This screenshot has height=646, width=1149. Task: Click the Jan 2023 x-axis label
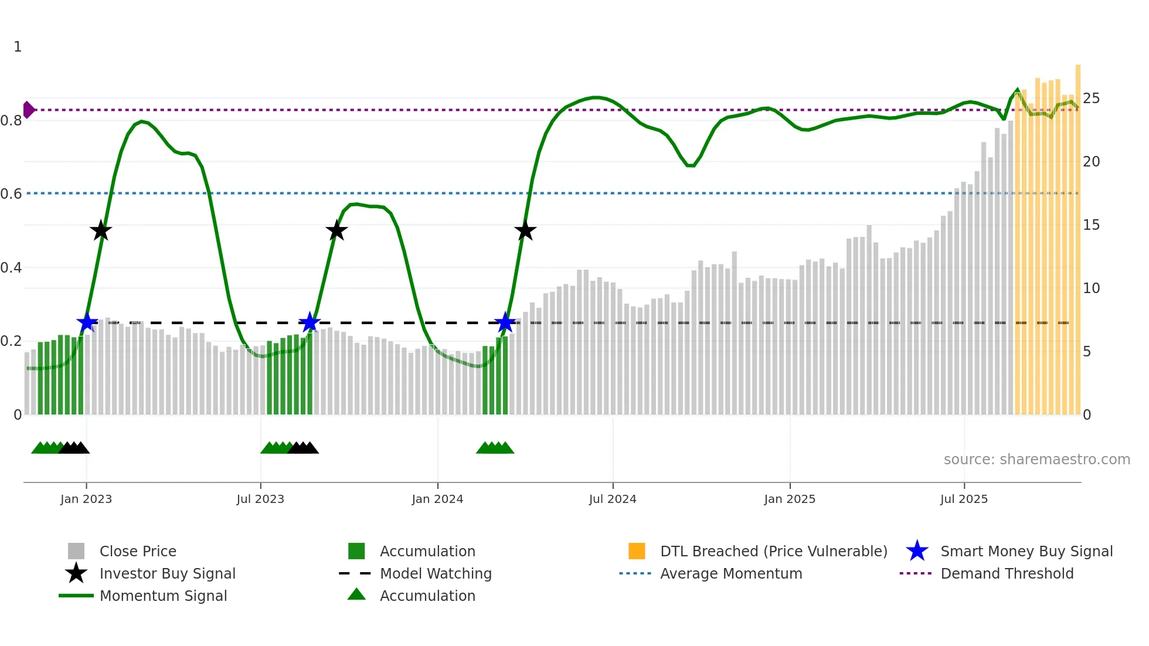tap(86, 499)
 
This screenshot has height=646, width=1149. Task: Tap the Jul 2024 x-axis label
tap(613, 499)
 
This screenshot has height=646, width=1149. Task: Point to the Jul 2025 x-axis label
tap(964, 499)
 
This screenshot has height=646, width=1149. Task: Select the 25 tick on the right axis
tap(1091, 98)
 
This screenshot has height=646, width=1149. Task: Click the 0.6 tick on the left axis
tap(11, 193)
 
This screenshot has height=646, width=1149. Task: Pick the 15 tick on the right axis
tap(1091, 225)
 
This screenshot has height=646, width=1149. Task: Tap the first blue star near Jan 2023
tap(87, 322)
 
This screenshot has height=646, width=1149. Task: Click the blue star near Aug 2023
tap(310, 322)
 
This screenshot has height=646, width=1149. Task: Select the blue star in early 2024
tap(505, 322)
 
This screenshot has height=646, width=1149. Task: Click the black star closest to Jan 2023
tap(101, 231)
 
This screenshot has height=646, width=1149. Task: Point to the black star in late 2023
tap(336, 231)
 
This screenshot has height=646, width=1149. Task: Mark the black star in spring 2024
tap(525, 231)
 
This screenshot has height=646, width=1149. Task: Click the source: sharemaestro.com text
tap(1036, 460)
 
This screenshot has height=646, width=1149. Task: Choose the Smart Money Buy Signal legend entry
tap(1026, 552)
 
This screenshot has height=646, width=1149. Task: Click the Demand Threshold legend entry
tap(1007, 574)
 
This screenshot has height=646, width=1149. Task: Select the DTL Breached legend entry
tap(773, 552)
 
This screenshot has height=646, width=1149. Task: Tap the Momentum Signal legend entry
tap(163, 596)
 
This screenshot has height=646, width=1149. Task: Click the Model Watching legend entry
tap(436, 574)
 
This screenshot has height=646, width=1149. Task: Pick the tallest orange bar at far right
tap(1078, 234)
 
